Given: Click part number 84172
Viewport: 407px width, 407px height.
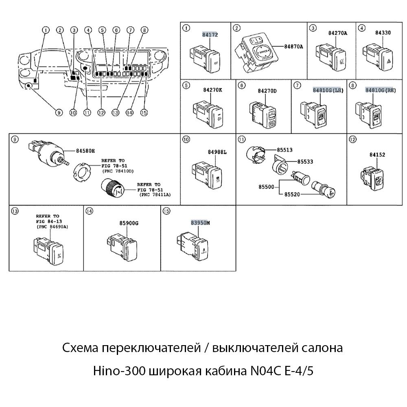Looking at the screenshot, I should (x=210, y=35).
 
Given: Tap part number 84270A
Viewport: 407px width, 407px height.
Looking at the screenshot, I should (x=337, y=33).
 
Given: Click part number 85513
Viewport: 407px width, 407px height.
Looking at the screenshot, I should (x=284, y=150).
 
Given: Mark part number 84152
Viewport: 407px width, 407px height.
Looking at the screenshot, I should (x=377, y=155).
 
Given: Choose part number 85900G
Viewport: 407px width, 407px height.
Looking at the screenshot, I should (x=129, y=223).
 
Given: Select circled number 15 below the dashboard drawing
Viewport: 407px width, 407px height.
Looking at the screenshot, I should (x=143, y=113).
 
